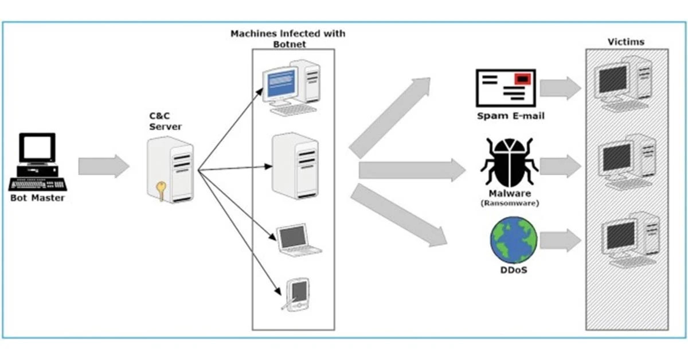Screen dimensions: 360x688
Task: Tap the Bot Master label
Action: tap(37, 198)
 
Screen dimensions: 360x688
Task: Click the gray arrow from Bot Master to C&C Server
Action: tap(104, 166)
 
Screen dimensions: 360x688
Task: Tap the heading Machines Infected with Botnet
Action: tap(288, 38)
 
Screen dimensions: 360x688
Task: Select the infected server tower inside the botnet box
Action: tap(295, 166)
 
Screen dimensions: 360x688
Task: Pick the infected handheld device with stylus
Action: tap(298, 295)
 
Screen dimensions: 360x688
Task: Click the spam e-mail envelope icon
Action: tap(505, 88)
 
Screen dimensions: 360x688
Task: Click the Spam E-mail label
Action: tap(511, 116)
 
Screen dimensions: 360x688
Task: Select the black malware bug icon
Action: tap(509, 163)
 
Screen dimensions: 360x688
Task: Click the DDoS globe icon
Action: tap(514, 240)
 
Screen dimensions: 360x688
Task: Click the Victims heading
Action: tap(626, 42)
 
